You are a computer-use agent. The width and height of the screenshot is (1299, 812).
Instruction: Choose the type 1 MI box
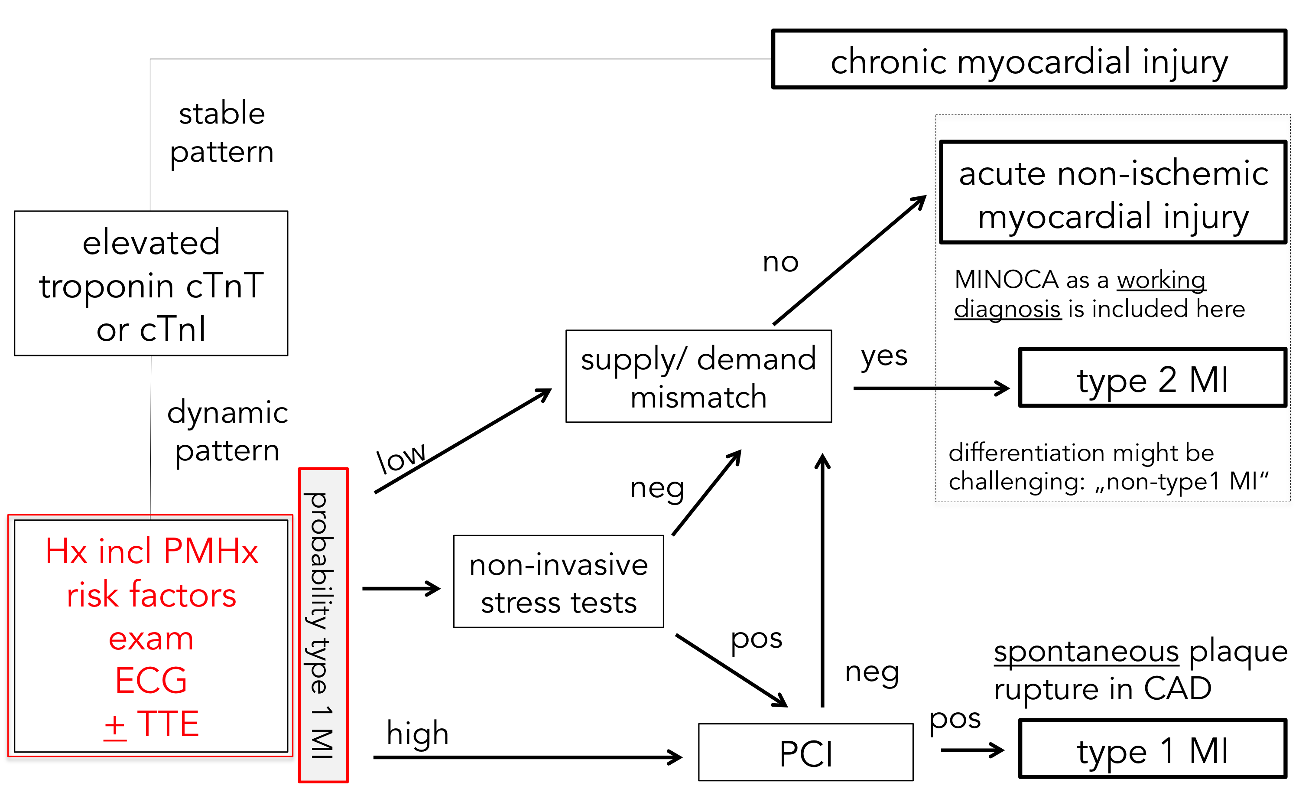1152,749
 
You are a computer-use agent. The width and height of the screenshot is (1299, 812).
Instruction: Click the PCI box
805,752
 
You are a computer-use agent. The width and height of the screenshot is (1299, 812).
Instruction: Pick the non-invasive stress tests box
558,582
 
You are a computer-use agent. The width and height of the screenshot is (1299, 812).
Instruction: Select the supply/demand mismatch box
698,376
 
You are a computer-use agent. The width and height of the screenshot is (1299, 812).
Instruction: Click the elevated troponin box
151,283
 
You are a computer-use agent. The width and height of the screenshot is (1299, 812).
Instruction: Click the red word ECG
151,681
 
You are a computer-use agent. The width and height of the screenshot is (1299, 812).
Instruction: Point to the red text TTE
168,724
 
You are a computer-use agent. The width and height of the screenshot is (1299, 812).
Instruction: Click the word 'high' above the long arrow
417,733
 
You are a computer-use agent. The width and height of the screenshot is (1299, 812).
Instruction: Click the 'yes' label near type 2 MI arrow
883,356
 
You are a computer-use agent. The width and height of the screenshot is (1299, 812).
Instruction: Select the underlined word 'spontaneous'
1086,652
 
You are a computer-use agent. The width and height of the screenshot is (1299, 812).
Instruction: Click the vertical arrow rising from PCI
822,580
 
